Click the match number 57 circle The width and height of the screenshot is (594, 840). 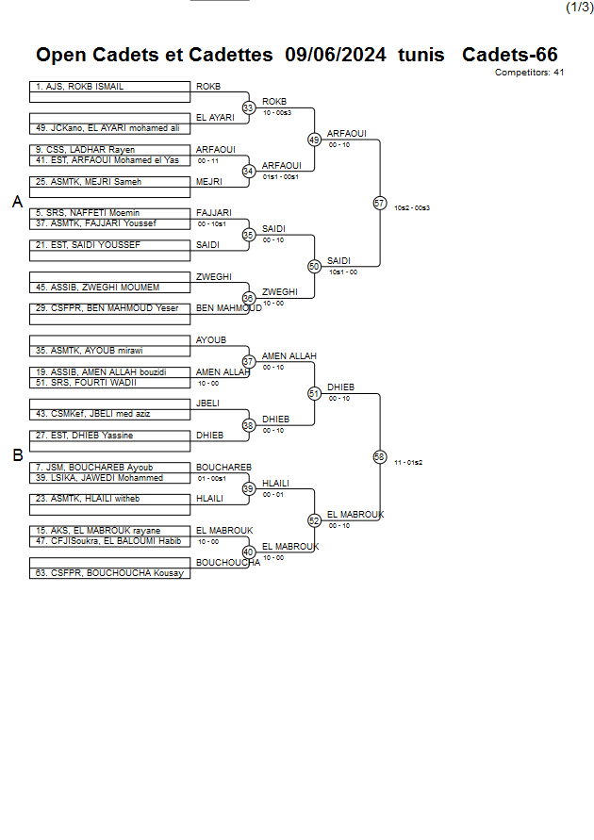[380, 203]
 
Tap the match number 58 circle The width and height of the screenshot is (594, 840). [380, 456]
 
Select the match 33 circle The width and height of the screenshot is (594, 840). [249, 107]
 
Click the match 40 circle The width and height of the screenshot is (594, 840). [249, 552]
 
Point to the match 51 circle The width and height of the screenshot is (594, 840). [314, 393]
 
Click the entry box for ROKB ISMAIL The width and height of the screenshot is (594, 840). [110, 87]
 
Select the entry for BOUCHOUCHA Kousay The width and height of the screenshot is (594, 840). [110, 573]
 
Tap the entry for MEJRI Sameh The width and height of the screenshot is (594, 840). [110, 182]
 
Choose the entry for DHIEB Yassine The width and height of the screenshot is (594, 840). [110, 436]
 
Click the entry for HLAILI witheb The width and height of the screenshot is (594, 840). [110, 499]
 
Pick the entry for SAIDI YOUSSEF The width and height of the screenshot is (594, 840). [110, 245]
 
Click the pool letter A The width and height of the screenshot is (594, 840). [17, 202]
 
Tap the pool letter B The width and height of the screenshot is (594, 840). [17, 455]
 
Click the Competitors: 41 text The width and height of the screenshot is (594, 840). [529, 72]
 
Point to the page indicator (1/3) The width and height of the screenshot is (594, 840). [578, 8]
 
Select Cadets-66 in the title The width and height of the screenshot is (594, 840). [509, 55]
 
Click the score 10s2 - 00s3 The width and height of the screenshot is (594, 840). [412, 207]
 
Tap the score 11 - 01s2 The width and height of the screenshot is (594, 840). [408, 462]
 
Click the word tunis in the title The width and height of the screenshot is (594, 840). [421, 55]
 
